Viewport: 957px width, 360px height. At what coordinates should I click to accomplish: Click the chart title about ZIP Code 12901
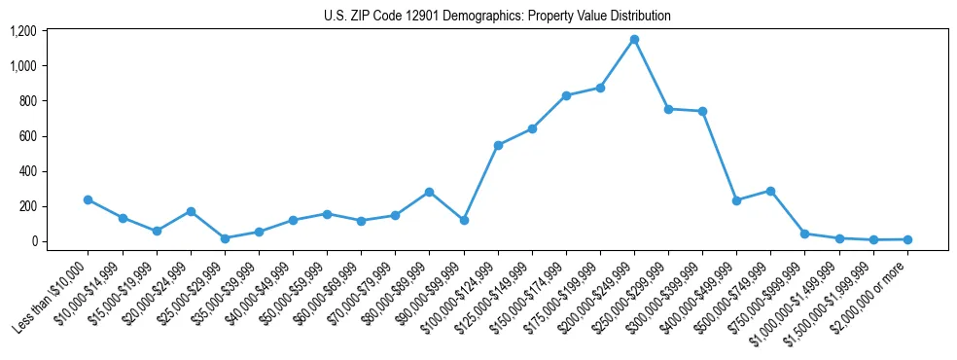(497, 17)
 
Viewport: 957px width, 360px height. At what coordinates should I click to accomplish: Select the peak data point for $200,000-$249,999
(634, 39)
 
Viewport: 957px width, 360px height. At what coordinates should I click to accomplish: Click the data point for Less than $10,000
(88, 199)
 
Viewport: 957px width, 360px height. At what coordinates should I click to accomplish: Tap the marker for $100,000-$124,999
(498, 145)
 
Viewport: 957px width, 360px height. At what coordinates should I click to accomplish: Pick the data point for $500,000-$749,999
(770, 191)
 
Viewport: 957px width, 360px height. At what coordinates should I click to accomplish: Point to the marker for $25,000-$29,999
(225, 238)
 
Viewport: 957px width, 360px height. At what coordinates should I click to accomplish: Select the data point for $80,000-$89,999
(429, 192)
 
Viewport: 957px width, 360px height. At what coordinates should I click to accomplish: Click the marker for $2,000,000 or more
(907, 239)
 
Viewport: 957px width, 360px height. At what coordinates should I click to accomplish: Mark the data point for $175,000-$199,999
(600, 88)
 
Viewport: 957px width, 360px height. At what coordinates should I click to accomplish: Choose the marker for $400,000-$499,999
(736, 200)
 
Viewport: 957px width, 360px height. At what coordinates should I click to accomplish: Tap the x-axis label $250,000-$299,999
(629, 296)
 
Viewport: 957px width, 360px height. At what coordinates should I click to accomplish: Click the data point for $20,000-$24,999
(191, 211)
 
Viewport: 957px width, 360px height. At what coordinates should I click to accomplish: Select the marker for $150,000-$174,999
(566, 95)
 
